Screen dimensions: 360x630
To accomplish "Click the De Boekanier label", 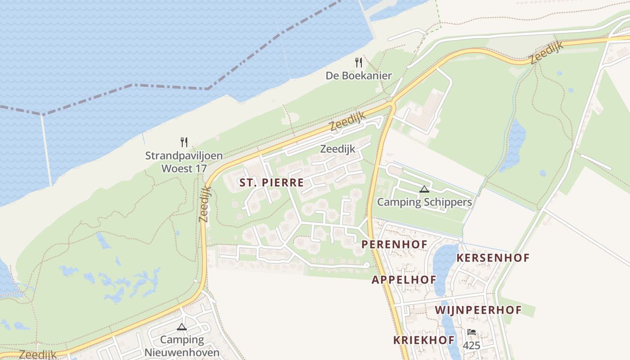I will tap(359, 76).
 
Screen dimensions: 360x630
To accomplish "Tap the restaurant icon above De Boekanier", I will tap(359, 62).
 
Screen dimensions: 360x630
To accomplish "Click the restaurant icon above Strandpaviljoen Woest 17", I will tap(184, 142).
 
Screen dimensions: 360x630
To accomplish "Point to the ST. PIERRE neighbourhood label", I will tap(271, 183).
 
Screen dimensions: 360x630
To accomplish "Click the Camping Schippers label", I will tap(424, 202).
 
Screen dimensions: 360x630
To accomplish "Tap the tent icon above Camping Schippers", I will tap(424, 189).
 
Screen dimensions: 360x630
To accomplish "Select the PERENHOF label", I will tap(394, 244).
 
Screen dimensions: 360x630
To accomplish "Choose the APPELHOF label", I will tap(404, 279).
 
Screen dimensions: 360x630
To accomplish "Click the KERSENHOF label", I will tap(493, 258).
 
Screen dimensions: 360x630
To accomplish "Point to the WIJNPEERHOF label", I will tap(478, 310).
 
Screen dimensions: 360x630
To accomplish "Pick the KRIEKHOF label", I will tap(424, 340).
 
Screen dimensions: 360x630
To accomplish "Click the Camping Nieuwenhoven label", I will tap(182, 346).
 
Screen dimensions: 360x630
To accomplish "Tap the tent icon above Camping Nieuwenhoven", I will tap(182, 327).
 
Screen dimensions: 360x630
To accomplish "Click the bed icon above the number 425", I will tap(471, 332).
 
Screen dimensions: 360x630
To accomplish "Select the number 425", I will tap(471, 346).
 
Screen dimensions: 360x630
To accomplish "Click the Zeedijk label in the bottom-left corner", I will tap(38, 355).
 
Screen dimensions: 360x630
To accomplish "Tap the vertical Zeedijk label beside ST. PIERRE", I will tap(205, 204).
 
